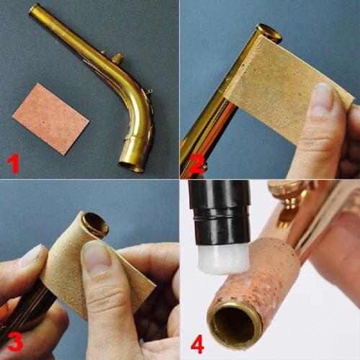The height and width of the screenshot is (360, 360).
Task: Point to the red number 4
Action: (197, 344)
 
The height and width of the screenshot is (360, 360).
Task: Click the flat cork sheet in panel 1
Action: (50, 117)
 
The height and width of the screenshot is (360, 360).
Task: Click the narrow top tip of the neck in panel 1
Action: (33, 10)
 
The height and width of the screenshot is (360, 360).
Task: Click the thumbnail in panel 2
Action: (323, 98)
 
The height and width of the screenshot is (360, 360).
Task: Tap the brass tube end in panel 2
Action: (269, 31)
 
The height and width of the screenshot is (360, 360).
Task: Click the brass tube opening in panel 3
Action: (95, 225)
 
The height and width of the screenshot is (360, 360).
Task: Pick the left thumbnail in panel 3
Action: (32, 256)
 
